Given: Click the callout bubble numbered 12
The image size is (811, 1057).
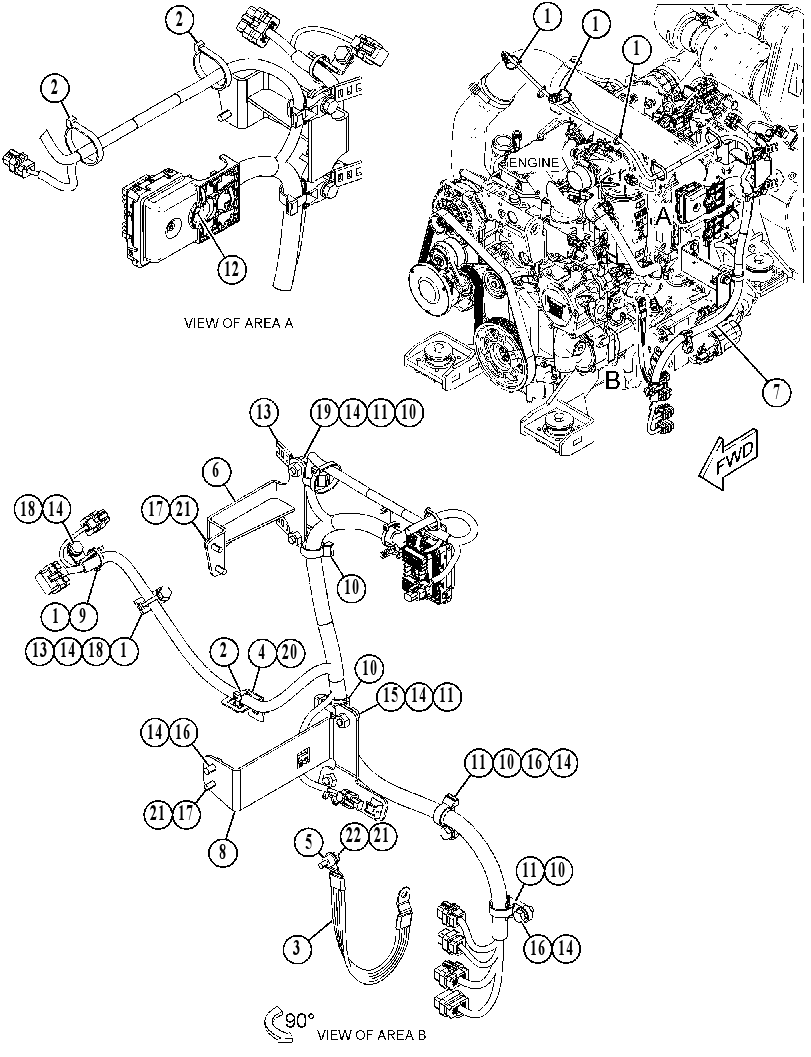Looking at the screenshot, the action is pyautogui.click(x=231, y=269).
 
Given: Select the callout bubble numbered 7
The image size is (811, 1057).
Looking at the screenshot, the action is pyautogui.click(x=777, y=392).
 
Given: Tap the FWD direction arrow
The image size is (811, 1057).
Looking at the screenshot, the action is pyautogui.click(x=729, y=460).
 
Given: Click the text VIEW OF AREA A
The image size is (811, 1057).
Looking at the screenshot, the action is pyautogui.click(x=239, y=324).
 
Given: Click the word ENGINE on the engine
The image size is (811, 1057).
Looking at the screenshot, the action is pyautogui.click(x=533, y=162).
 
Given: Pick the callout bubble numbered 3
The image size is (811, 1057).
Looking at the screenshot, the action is pyautogui.click(x=297, y=949).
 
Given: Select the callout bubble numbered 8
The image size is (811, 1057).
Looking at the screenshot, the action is pyautogui.click(x=223, y=851).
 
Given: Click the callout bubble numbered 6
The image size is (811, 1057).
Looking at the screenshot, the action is pyautogui.click(x=216, y=471).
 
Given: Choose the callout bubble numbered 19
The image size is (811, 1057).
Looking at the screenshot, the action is pyautogui.click(x=324, y=413).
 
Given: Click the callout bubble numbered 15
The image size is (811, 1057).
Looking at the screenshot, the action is pyautogui.click(x=391, y=696).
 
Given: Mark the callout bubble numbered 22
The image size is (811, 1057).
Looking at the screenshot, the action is pyautogui.click(x=355, y=836).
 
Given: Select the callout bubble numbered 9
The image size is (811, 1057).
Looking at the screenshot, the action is pyautogui.click(x=82, y=615).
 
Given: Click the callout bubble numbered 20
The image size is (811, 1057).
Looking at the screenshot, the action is pyautogui.click(x=291, y=652).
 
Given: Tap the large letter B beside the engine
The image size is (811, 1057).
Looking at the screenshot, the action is pyautogui.click(x=612, y=381).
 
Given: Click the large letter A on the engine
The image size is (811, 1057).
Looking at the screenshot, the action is pyautogui.click(x=664, y=216).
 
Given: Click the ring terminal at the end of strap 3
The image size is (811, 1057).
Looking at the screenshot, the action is pyautogui.click(x=403, y=897).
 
